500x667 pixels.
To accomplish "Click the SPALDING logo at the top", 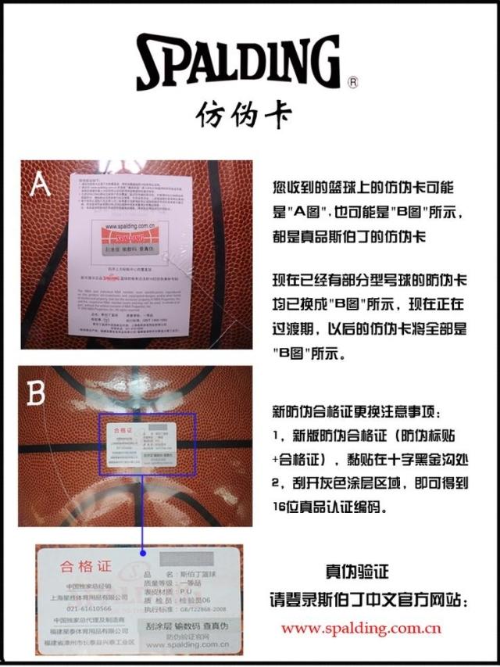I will (238, 63).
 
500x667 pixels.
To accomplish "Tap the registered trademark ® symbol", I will (352, 81).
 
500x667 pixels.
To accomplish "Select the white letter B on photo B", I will (36, 393).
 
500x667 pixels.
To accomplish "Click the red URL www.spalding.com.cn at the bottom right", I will (361, 628).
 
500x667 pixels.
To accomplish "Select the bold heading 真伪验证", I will (356, 572).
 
